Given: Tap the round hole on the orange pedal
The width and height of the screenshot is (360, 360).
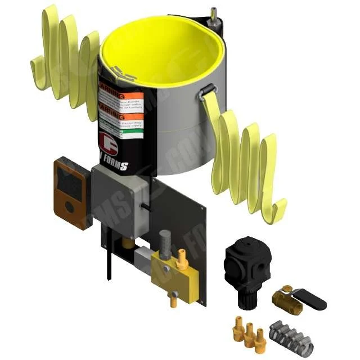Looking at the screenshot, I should [69, 207].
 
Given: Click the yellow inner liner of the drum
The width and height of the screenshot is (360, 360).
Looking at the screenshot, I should [157, 51].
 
